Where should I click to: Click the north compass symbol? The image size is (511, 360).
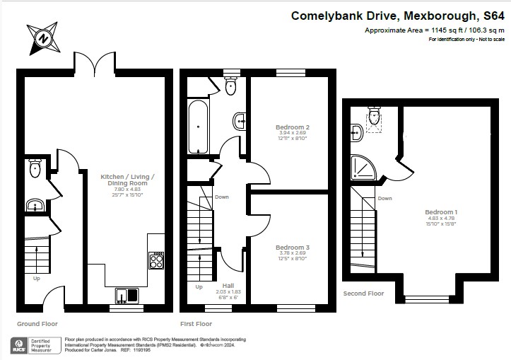(x=44, y=38)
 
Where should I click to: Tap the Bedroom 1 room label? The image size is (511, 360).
(x=441, y=212)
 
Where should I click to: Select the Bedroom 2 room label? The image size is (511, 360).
(x=292, y=128)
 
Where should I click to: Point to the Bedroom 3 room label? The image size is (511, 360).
(x=292, y=248)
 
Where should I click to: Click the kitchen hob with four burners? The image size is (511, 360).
(x=156, y=262)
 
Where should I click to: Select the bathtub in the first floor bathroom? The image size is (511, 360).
(x=198, y=124)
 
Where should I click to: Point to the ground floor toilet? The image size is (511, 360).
(x=35, y=168)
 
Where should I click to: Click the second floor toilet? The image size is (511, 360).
(x=374, y=116)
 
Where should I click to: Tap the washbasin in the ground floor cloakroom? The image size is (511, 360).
(x=35, y=206)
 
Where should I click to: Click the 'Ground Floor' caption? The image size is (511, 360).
(x=37, y=323)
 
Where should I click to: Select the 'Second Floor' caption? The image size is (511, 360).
(x=363, y=293)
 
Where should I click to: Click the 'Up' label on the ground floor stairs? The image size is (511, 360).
(x=36, y=278)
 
